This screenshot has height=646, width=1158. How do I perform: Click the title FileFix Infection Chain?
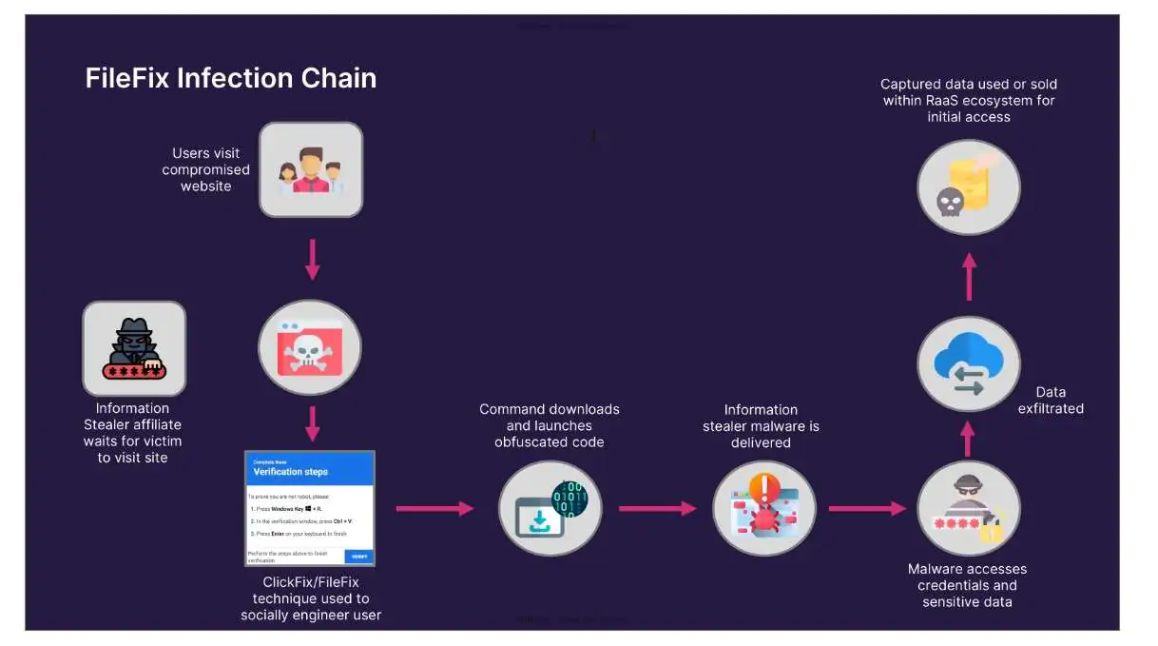click(x=231, y=78)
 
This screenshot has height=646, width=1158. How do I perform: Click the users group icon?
click(x=311, y=169)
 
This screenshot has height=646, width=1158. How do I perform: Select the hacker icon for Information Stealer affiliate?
click(x=134, y=349)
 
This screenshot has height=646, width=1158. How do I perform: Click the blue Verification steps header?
click(x=310, y=469)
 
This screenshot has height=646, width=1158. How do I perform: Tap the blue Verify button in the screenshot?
click(x=359, y=557)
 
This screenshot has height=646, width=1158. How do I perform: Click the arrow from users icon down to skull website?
click(x=312, y=260)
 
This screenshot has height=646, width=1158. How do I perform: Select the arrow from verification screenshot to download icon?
click(x=434, y=509)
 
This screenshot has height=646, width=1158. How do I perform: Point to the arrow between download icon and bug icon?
click(x=657, y=509)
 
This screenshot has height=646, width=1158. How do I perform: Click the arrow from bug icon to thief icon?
click(x=866, y=509)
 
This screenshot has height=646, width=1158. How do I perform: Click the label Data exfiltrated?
click(x=1051, y=401)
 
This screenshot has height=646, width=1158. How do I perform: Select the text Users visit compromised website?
click(x=206, y=169)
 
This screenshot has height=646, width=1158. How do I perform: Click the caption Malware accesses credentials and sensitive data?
click(x=967, y=585)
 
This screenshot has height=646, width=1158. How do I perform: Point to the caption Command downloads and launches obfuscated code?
click(x=550, y=425)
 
